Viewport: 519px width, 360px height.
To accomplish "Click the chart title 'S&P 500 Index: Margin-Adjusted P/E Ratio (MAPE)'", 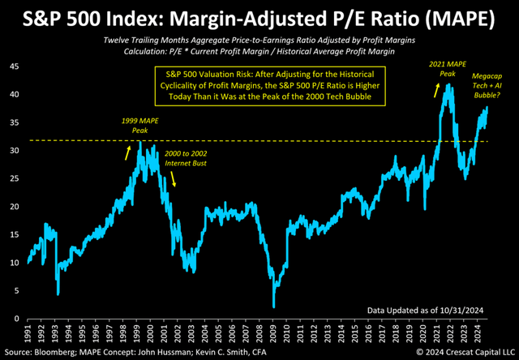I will click(259, 18).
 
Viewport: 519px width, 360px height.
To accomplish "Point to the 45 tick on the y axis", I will click(15, 67).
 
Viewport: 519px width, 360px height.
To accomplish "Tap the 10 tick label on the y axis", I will click(15, 263).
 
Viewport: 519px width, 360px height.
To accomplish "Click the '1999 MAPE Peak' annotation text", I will click(135, 124).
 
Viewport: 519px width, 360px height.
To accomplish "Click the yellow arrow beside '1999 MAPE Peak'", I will click(130, 151).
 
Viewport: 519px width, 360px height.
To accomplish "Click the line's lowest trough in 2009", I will click(274, 306).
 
